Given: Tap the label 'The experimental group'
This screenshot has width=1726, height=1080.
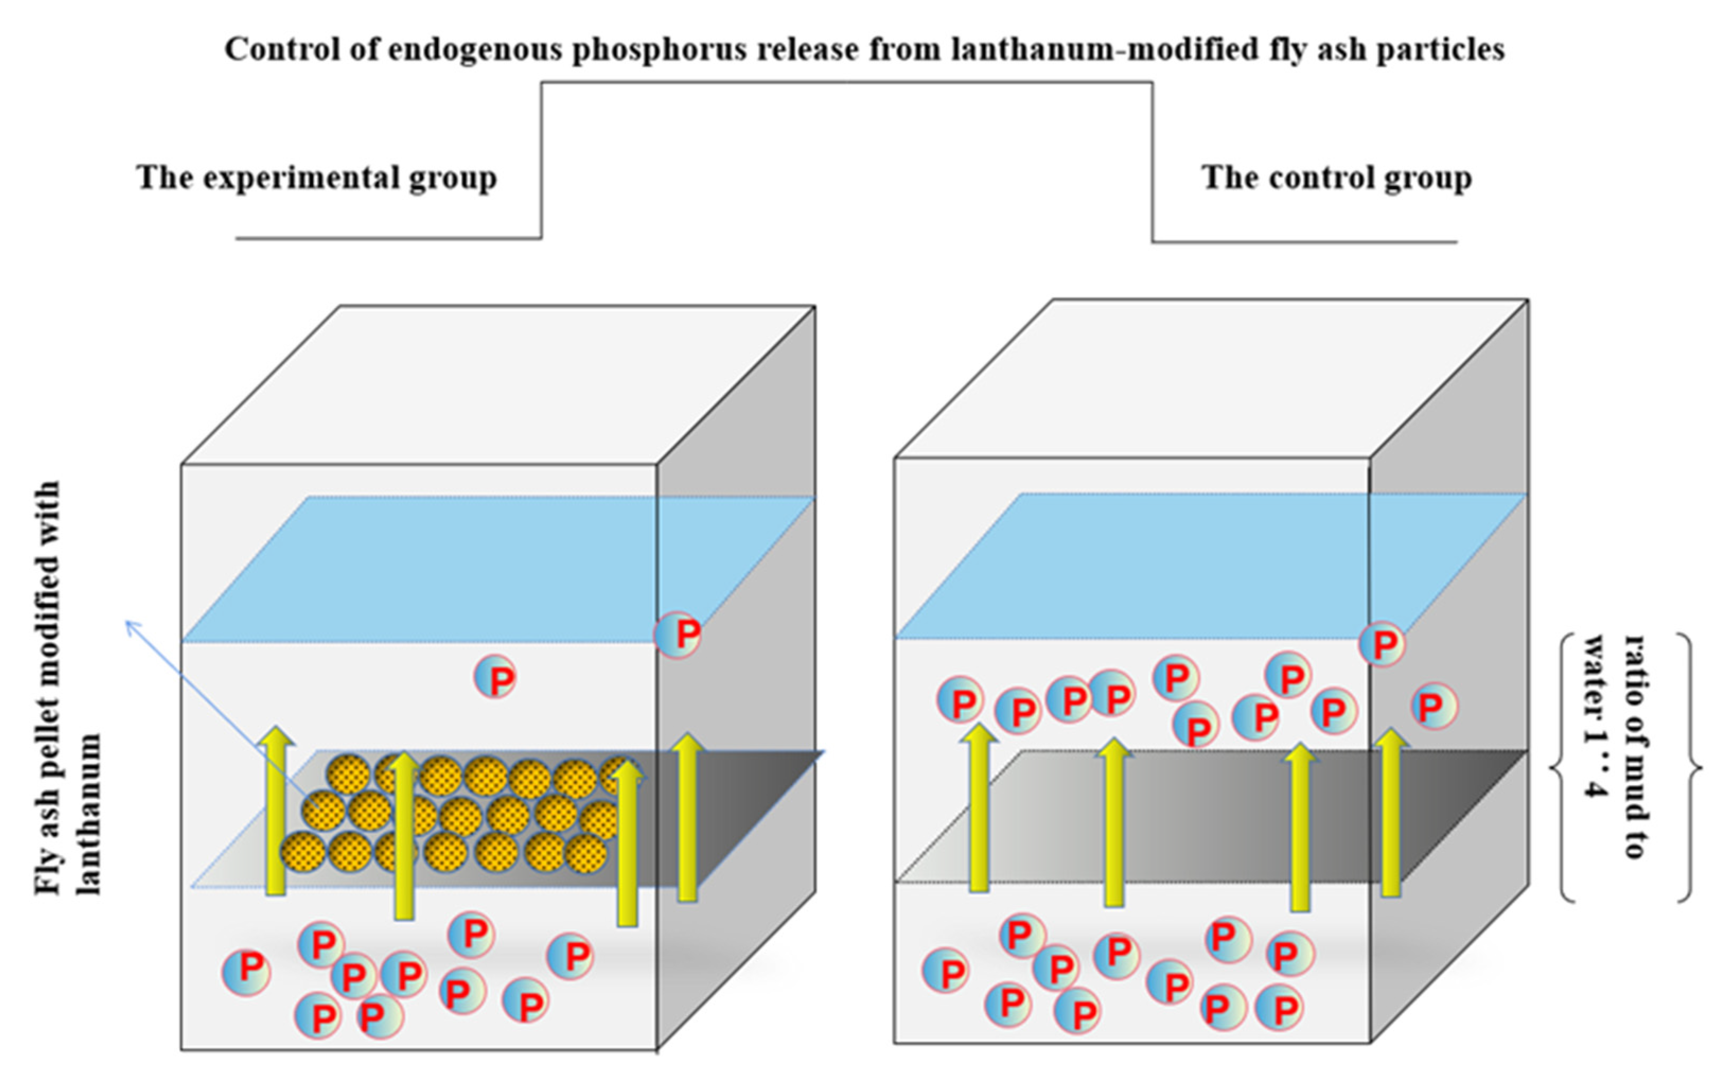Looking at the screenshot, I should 316,178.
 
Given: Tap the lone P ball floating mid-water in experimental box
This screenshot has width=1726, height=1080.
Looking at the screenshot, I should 495,677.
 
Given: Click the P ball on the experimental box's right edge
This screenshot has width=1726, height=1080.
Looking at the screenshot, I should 679,634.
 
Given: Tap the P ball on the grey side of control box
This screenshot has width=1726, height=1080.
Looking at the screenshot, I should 1434,706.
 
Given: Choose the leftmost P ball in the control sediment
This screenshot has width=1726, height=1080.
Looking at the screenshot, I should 946,971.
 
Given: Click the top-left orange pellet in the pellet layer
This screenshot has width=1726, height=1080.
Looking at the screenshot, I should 348,774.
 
